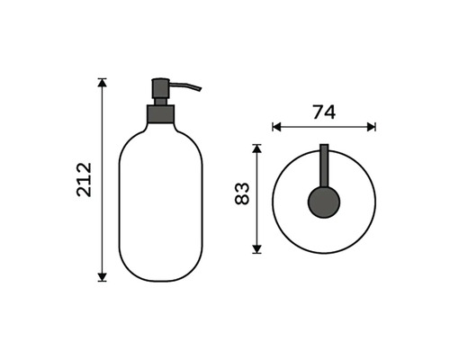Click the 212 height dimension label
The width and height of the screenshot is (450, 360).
(x=84, y=179)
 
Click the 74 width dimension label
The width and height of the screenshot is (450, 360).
(x=324, y=112)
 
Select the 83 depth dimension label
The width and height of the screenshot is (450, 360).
(x=242, y=193)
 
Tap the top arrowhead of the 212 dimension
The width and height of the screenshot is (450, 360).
(x=103, y=83)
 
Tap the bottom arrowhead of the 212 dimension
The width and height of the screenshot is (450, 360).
(x=103, y=277)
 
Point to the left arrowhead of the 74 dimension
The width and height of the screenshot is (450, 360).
(x=276, y=127)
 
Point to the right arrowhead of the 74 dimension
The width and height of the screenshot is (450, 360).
(x=372, y=127)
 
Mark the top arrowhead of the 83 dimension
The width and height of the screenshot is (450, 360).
(x=256, y=148)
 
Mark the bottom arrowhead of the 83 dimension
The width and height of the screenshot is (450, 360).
(x=256, y=249)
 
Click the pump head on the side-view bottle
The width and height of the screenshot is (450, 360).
(x=161, y=88)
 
